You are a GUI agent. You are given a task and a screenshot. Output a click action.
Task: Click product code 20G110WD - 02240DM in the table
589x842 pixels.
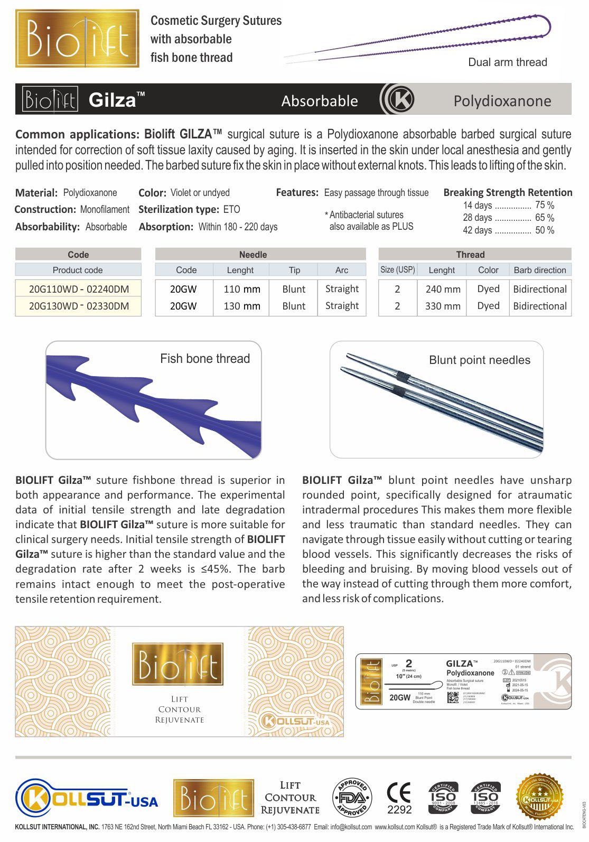(x=78, y=289)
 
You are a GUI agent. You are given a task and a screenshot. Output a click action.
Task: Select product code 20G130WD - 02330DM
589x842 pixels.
(x=78, y=306)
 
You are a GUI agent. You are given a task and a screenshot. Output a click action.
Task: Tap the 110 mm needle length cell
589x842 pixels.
(x=241, y=289)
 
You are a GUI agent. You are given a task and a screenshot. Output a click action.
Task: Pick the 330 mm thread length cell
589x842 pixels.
(x=443, y=306)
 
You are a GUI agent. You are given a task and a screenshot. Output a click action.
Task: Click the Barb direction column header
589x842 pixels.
(x=539, y=270)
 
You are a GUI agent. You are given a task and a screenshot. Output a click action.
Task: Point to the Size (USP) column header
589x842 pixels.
(x=397, y=270)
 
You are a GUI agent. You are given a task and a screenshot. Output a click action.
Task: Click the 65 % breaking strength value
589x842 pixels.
(x=544, y=218)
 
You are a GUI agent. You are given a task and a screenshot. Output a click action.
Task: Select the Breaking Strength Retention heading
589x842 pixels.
(x=508, y=193)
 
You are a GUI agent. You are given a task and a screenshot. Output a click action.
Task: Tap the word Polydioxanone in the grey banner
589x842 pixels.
(x=502, y=101)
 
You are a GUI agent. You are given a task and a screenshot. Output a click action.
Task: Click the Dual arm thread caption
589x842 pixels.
(x=507, y=62)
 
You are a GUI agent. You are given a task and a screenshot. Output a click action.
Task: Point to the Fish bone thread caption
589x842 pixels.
(x=205, y=359)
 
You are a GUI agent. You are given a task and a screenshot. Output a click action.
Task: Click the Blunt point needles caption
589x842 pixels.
(x=479, y=360)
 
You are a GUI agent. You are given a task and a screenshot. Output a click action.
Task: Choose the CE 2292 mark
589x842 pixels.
(x=399, y=798)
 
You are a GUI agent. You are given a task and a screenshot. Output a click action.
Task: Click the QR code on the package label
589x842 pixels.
(x=453, y=697)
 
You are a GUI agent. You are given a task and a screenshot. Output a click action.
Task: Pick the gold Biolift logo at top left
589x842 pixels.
(x=78, y=39)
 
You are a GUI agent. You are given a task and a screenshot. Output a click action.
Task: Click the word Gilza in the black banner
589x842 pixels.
(x=113, y=100)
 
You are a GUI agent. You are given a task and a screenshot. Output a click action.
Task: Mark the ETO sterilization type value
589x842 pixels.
(x=231, y=210)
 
